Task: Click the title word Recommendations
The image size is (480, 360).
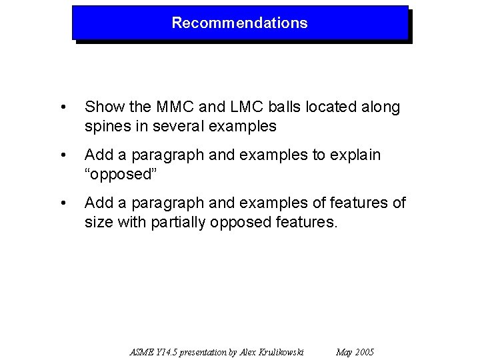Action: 239,23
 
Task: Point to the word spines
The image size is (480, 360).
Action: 105,126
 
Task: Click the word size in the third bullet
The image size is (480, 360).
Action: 98,222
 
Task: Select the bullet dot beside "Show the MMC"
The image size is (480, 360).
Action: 62,108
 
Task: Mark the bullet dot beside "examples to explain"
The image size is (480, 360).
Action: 62,156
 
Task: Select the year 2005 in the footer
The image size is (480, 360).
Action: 365,352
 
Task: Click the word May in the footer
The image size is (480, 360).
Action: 345,352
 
